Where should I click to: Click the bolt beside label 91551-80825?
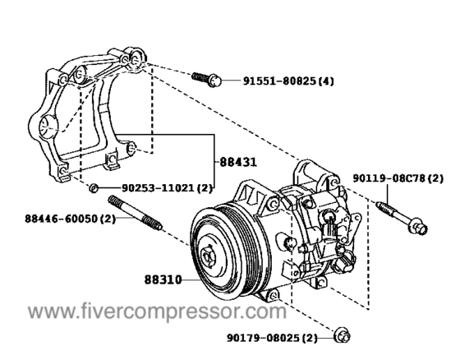click(x=205, y=79)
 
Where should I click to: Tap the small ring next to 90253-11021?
click(x=95, y=188)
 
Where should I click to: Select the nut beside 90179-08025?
click(x=343, y=336)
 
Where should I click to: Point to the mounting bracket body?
click(x=90, y=107)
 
